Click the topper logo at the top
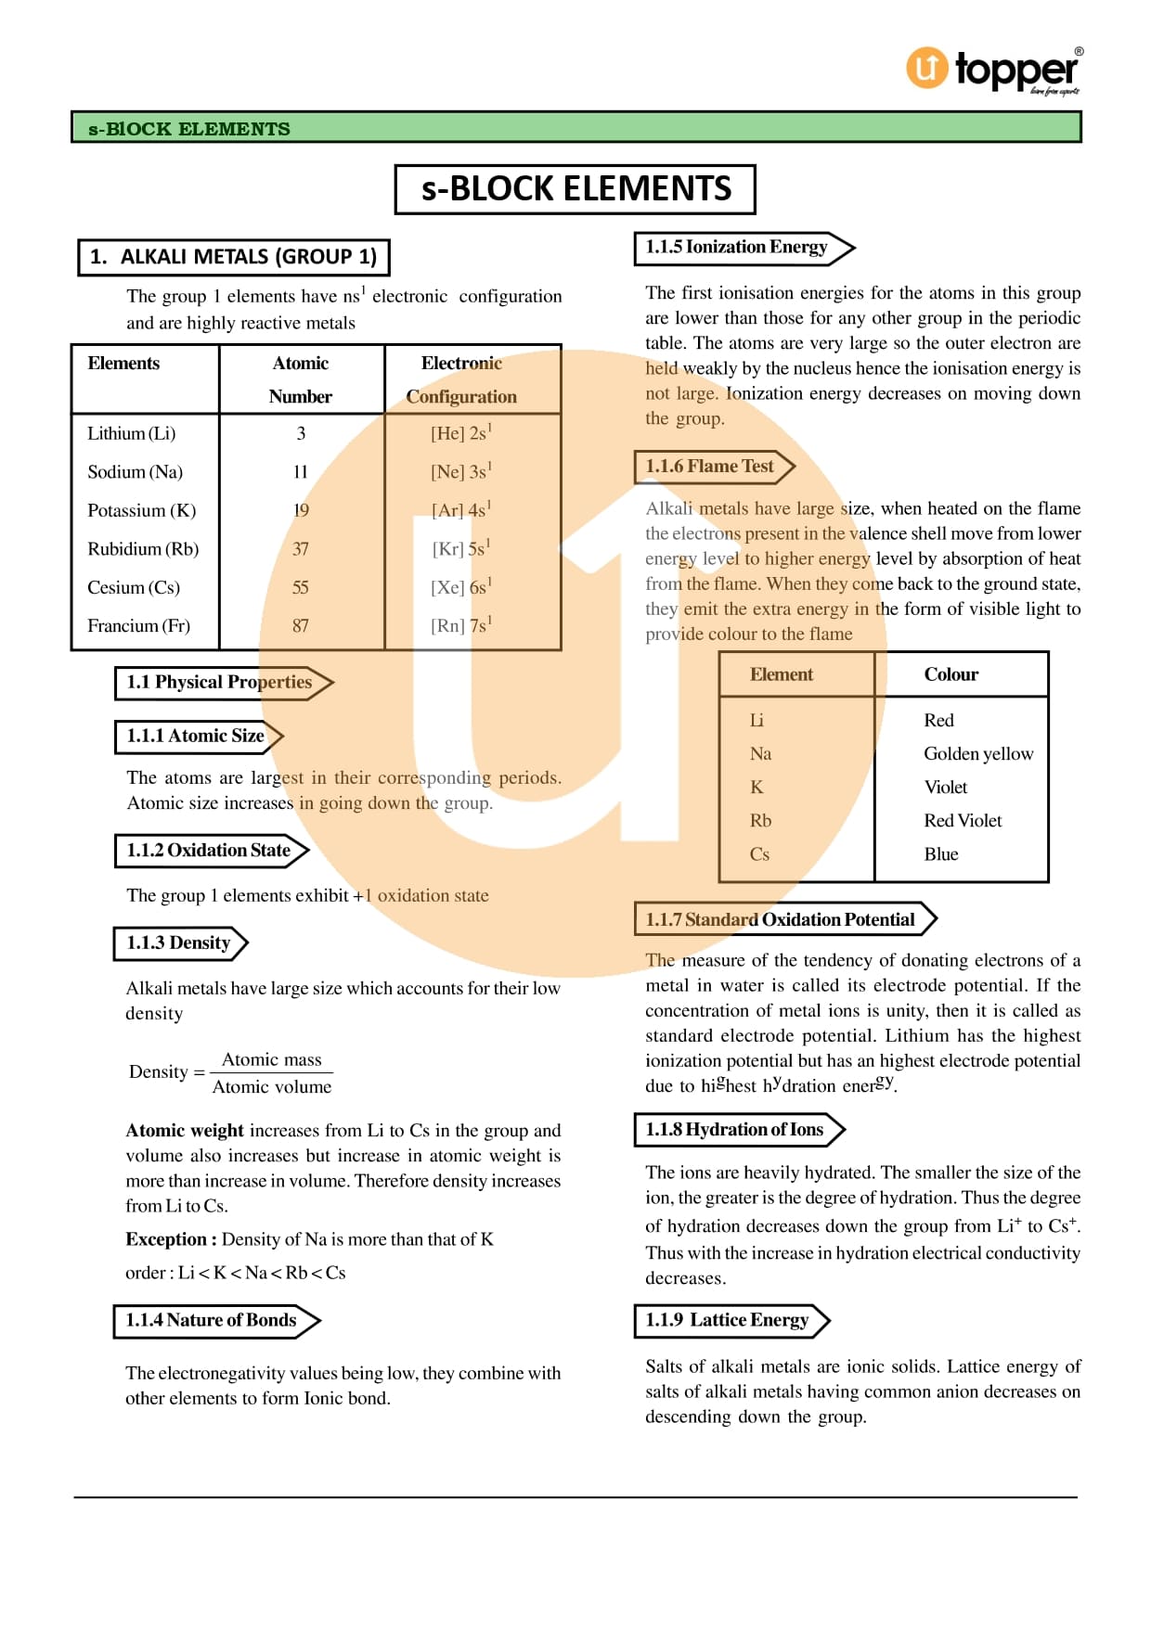click(993, 70)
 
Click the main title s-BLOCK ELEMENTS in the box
click(575, 189)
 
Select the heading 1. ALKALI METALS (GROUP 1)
click(234, 257)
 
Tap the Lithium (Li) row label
click(132, 433)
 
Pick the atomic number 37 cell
click(301, 549)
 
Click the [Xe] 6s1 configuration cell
click(460, 587)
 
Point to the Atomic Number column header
click(301, 379)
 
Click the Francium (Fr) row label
click(139, 626)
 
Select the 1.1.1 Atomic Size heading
click(196, 736)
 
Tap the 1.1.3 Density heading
click(179, 942)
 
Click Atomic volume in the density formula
click(272, 1087)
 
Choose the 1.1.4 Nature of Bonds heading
click(212, 1320)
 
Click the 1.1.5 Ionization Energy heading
click(737, 247)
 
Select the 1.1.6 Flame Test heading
click(710, 467)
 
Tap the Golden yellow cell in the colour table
click(978, 754)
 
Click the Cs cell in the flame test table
click(759, 854)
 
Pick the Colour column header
click(951, 674)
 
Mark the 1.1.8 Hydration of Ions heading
click(735, 1129)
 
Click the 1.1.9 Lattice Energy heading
click(728, 1320)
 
